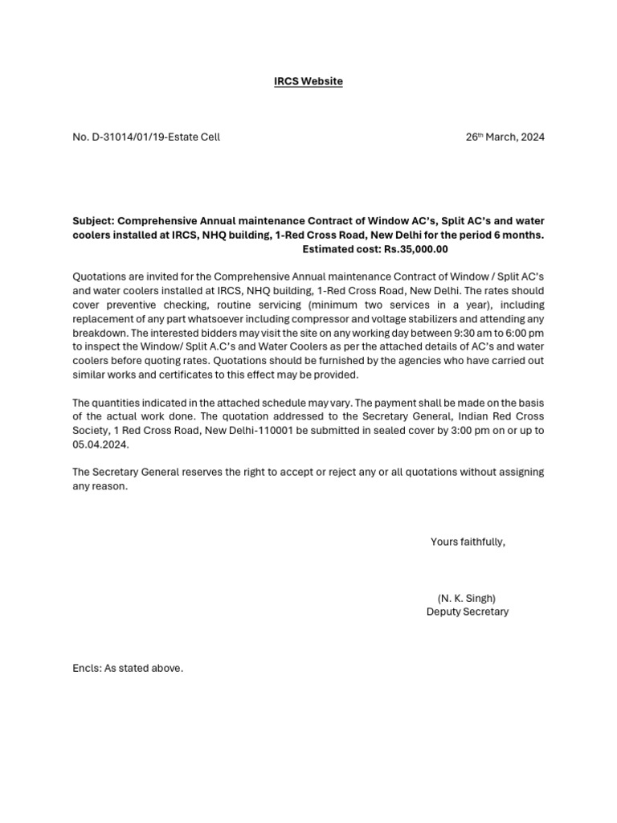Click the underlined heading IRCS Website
click(x=308, y=81)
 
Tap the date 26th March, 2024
click(x=505, y=137)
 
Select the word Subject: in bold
click(x=93, y=221)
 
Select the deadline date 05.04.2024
click(x=100, y=444)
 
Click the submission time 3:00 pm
click(x=447, y=431)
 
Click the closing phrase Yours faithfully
click(x=468, y=542)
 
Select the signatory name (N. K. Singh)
click(x=467, y=598)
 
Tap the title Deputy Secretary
click(x=468, y=612)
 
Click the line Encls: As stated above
click(x=128, y=668)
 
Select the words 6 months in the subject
click(x=517, y=235)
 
